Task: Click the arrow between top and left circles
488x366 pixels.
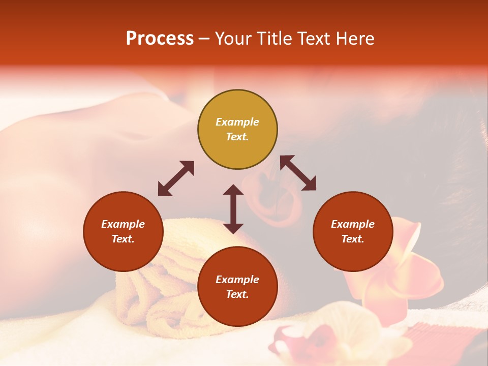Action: (176, 178)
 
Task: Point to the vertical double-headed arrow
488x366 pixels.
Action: (233, 209)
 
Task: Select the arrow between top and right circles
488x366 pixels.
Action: (298, 173)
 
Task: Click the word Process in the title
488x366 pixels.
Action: (160, 39)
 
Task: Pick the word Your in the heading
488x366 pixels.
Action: (232, 39)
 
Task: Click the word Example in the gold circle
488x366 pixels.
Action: (237, 122)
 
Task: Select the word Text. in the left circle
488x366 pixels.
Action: (124, 239)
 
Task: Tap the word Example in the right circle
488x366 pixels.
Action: (353, 224)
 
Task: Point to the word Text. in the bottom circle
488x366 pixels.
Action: (237, 294)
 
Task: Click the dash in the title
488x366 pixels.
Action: (204, 39)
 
